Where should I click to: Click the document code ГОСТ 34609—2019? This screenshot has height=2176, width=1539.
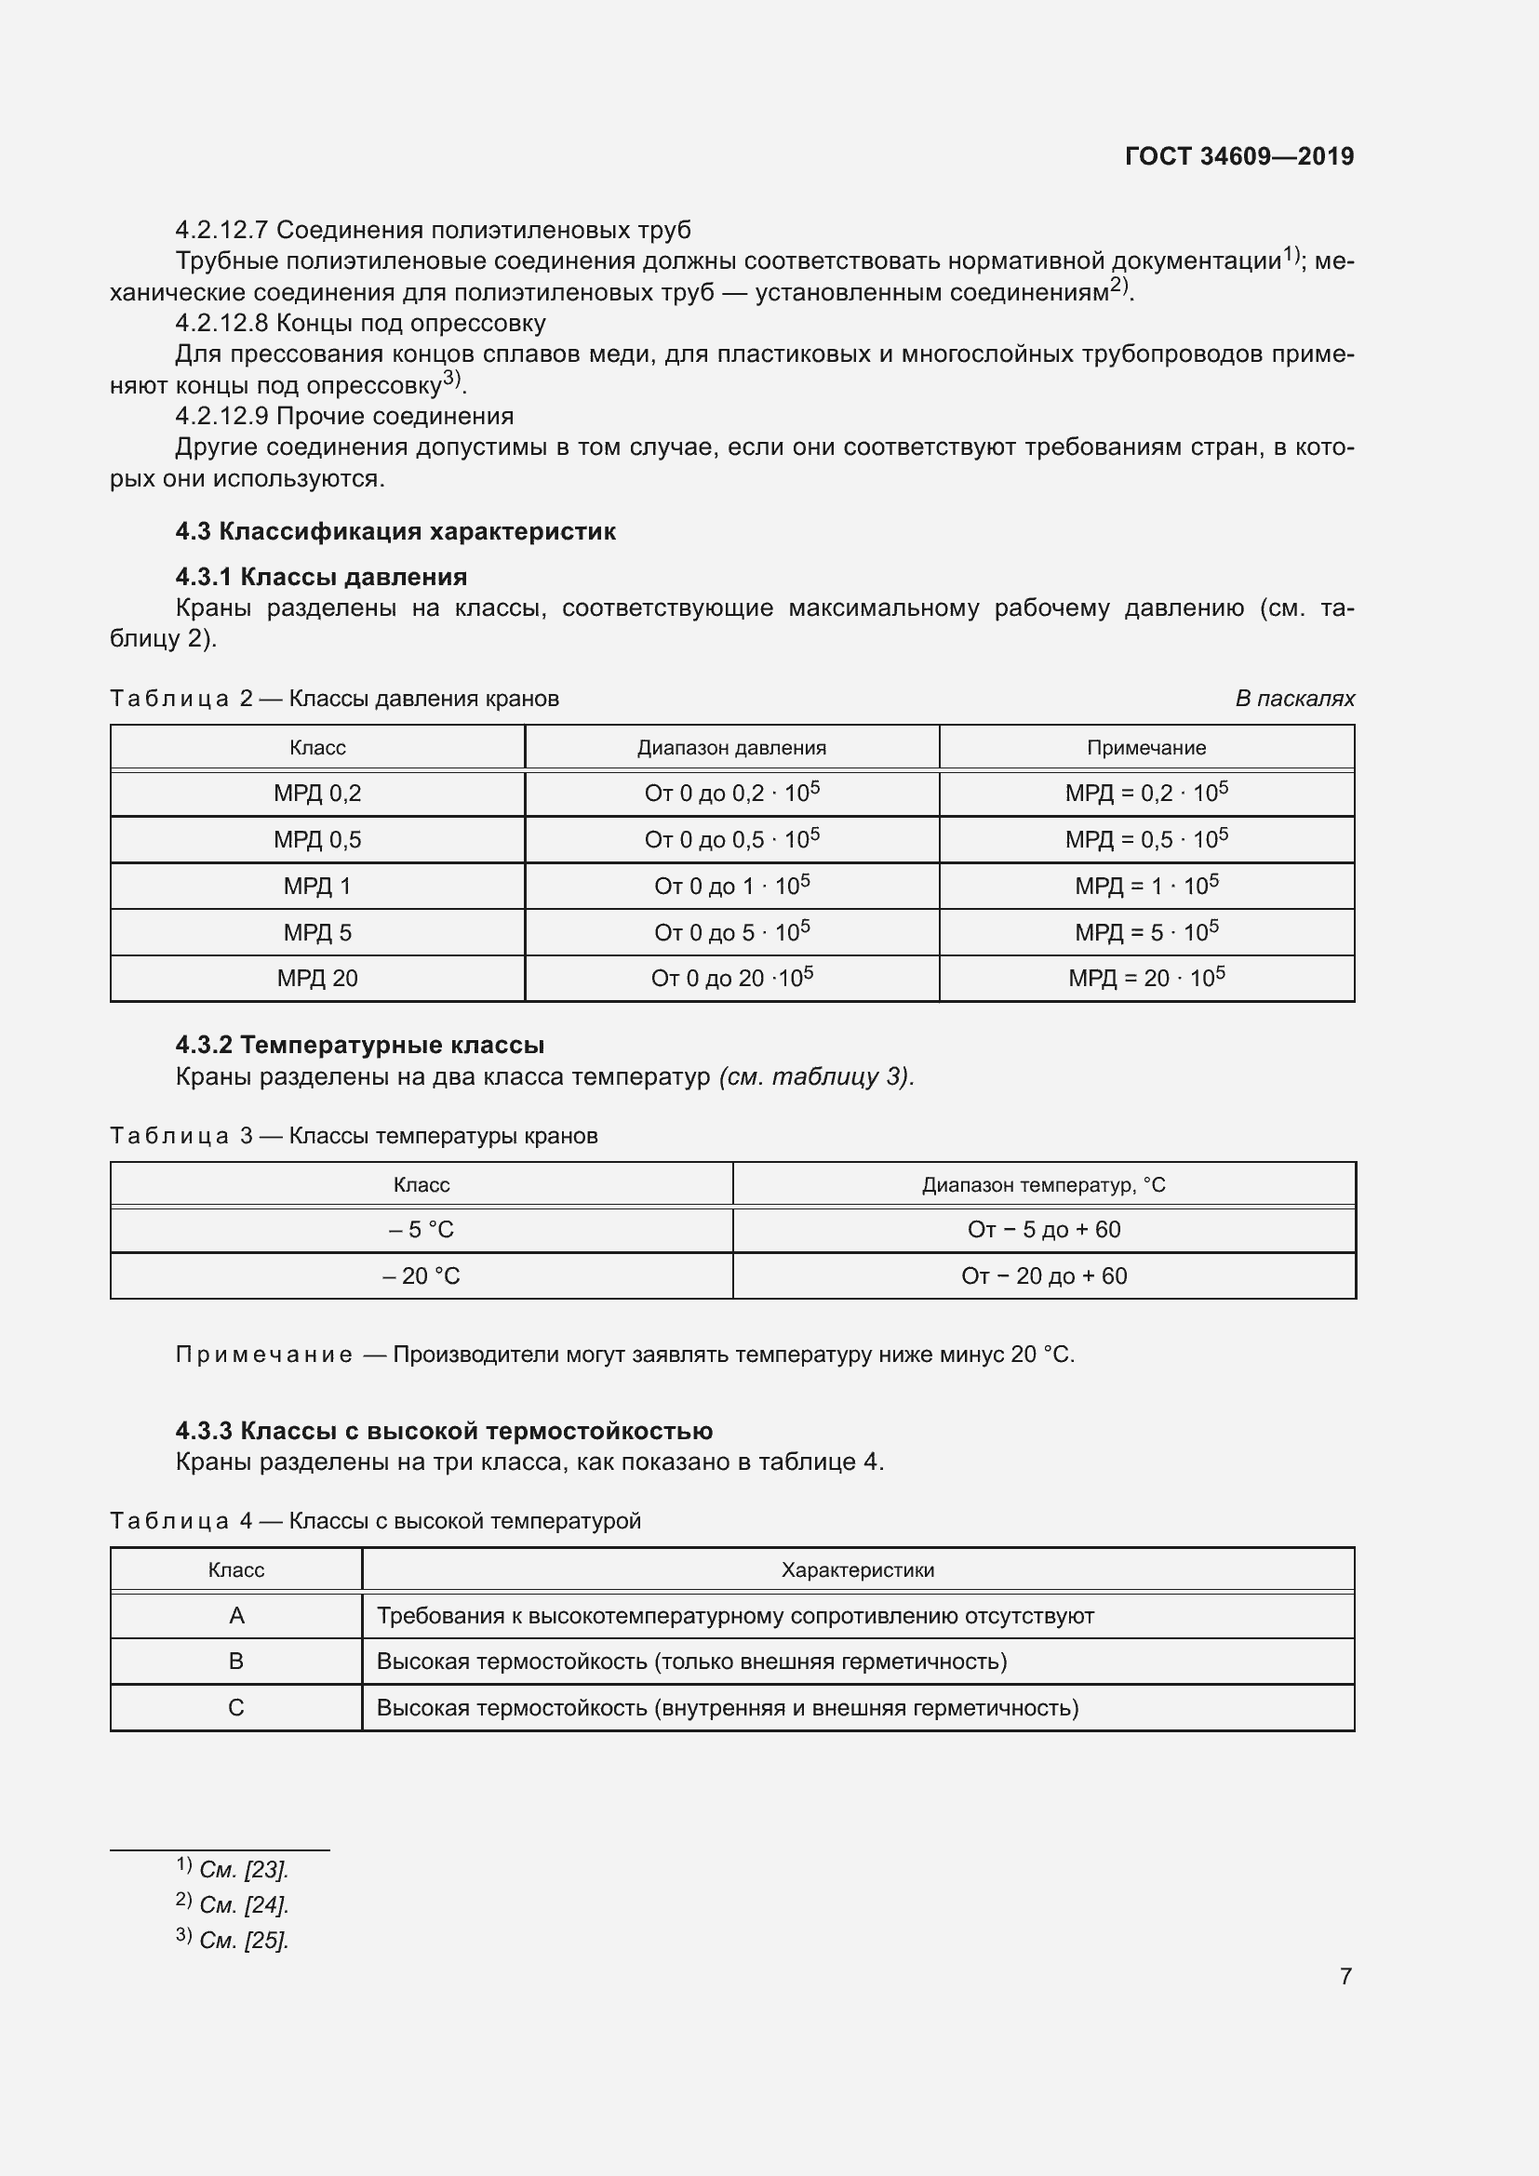1238,156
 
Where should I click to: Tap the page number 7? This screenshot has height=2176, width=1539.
1345,1976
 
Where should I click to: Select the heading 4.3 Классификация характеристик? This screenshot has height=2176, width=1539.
395,530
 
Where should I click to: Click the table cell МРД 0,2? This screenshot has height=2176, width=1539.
317,794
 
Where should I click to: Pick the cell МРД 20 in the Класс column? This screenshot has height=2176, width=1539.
317,978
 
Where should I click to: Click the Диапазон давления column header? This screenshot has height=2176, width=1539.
731,748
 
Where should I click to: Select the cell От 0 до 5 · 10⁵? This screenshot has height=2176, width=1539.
731,932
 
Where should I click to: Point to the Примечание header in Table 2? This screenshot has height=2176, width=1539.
1145,748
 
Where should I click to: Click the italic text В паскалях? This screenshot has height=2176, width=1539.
1293,699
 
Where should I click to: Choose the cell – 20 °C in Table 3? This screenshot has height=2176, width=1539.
421,1275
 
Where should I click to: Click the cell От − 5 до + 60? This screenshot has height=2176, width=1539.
1043,1229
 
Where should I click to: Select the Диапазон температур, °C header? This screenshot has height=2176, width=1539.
1043,1184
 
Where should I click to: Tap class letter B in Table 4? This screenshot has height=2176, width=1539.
236,1662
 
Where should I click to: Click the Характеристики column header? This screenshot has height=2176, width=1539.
858,1569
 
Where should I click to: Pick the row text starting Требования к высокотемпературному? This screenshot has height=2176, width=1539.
734,1616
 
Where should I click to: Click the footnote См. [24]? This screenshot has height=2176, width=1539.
243,1905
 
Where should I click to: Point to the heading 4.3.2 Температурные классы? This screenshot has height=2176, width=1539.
359,1046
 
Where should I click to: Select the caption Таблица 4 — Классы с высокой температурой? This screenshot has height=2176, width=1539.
375,1521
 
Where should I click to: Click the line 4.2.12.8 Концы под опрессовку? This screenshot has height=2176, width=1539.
360,323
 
